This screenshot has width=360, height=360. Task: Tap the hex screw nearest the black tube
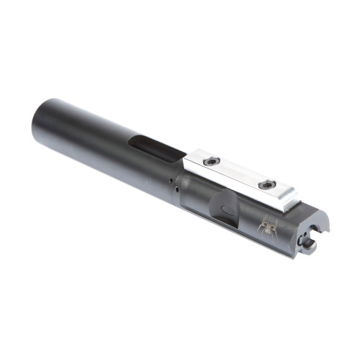coord(212,162)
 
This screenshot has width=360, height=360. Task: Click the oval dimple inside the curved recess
coord(226,210)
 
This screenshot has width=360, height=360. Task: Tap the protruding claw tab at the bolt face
coord(309,246)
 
